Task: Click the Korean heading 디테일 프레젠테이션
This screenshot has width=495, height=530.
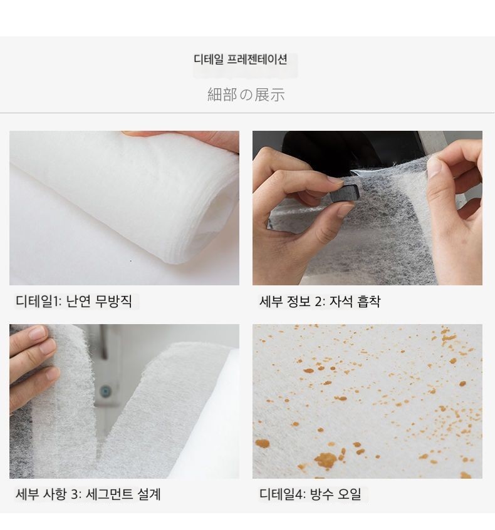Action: (241, 59)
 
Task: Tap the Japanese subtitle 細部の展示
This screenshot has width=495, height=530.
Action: (246, 94)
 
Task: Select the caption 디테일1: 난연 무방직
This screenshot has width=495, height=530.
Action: (73, 301)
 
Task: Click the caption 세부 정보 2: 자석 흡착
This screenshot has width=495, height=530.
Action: (320, 301)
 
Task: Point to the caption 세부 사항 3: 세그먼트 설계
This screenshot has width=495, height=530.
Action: (88, 494)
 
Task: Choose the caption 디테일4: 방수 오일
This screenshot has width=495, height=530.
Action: (310, 494)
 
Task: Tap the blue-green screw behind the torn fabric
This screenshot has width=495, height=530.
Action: (106, 392)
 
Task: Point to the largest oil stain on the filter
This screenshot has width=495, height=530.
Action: (326, 461)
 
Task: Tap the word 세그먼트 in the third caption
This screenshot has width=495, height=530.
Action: (109, 494)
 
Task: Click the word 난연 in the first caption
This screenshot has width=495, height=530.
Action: (78, 301)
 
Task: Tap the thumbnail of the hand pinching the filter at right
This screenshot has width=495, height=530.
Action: (367, 208)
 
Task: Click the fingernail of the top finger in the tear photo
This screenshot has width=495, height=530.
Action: (37, 334)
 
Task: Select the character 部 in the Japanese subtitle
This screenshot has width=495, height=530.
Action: (229, 94)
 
